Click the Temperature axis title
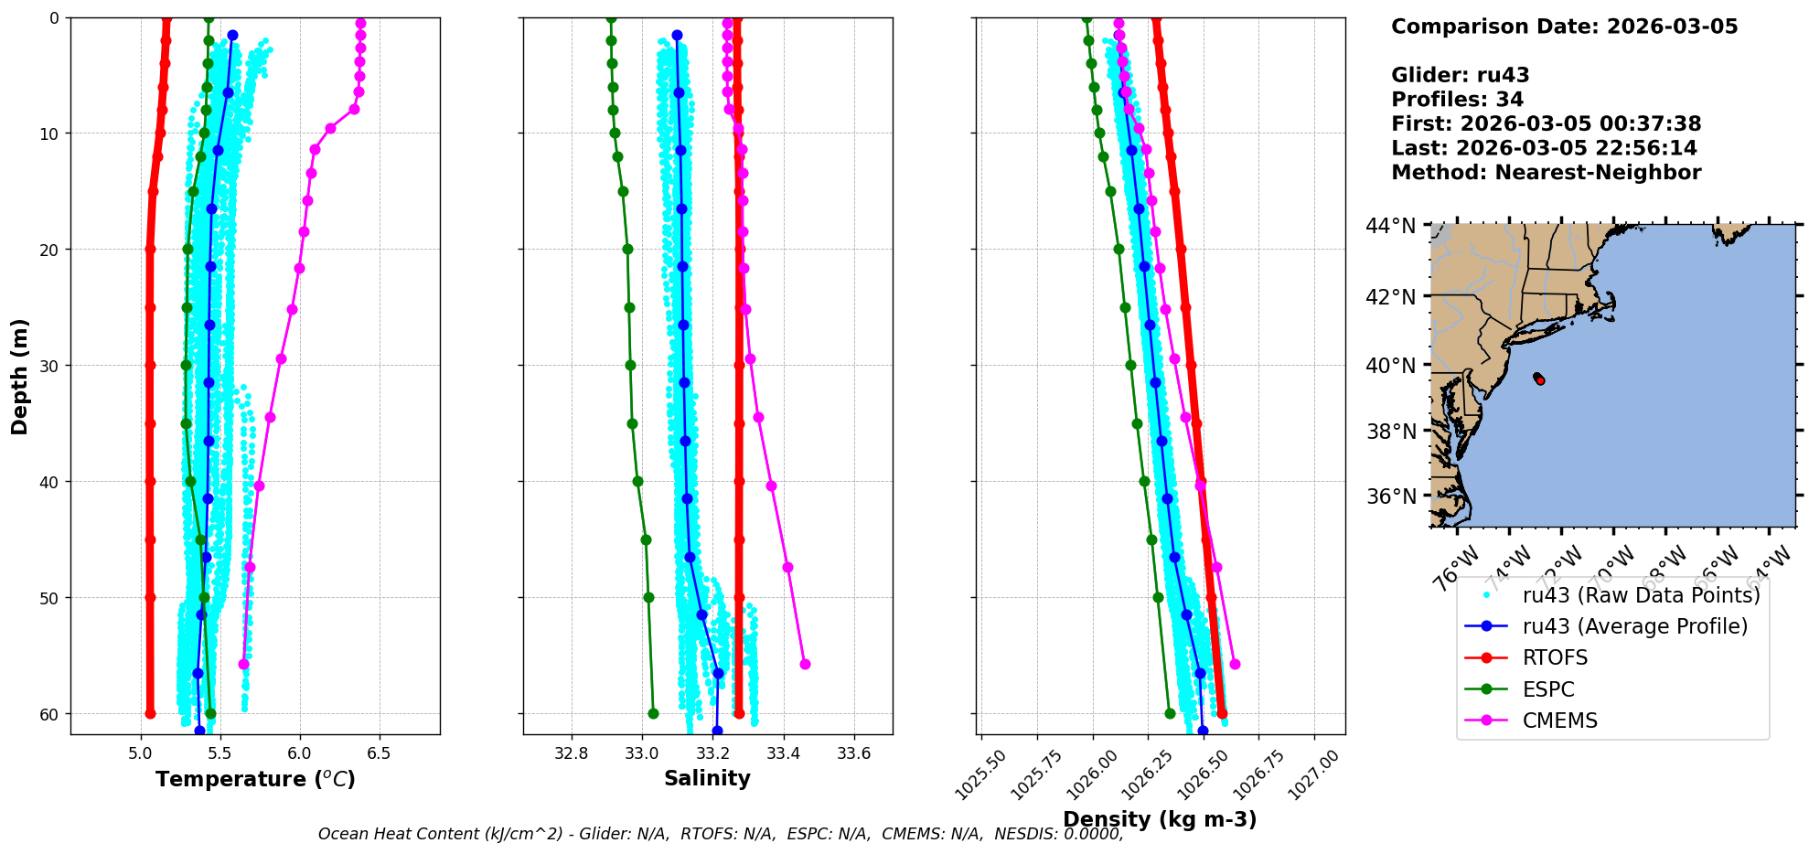coord(255,779)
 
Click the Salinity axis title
coord(707,778)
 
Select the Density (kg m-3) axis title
coord(1160,819)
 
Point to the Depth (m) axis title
coord(19,377)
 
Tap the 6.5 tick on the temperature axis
coord(379,753)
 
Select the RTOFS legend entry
coord(1555,658)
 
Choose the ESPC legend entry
coord(1548,689)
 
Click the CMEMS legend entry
coord(1559,721)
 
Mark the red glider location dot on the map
coord(1540,379)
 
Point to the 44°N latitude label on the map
coord(1390,226)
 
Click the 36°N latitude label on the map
coord(1390,496)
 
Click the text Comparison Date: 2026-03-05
coord(1564,27)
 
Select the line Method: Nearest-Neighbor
coord(1546,173)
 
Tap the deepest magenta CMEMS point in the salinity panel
coord(805,664)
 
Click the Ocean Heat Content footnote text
coord(720,834)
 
